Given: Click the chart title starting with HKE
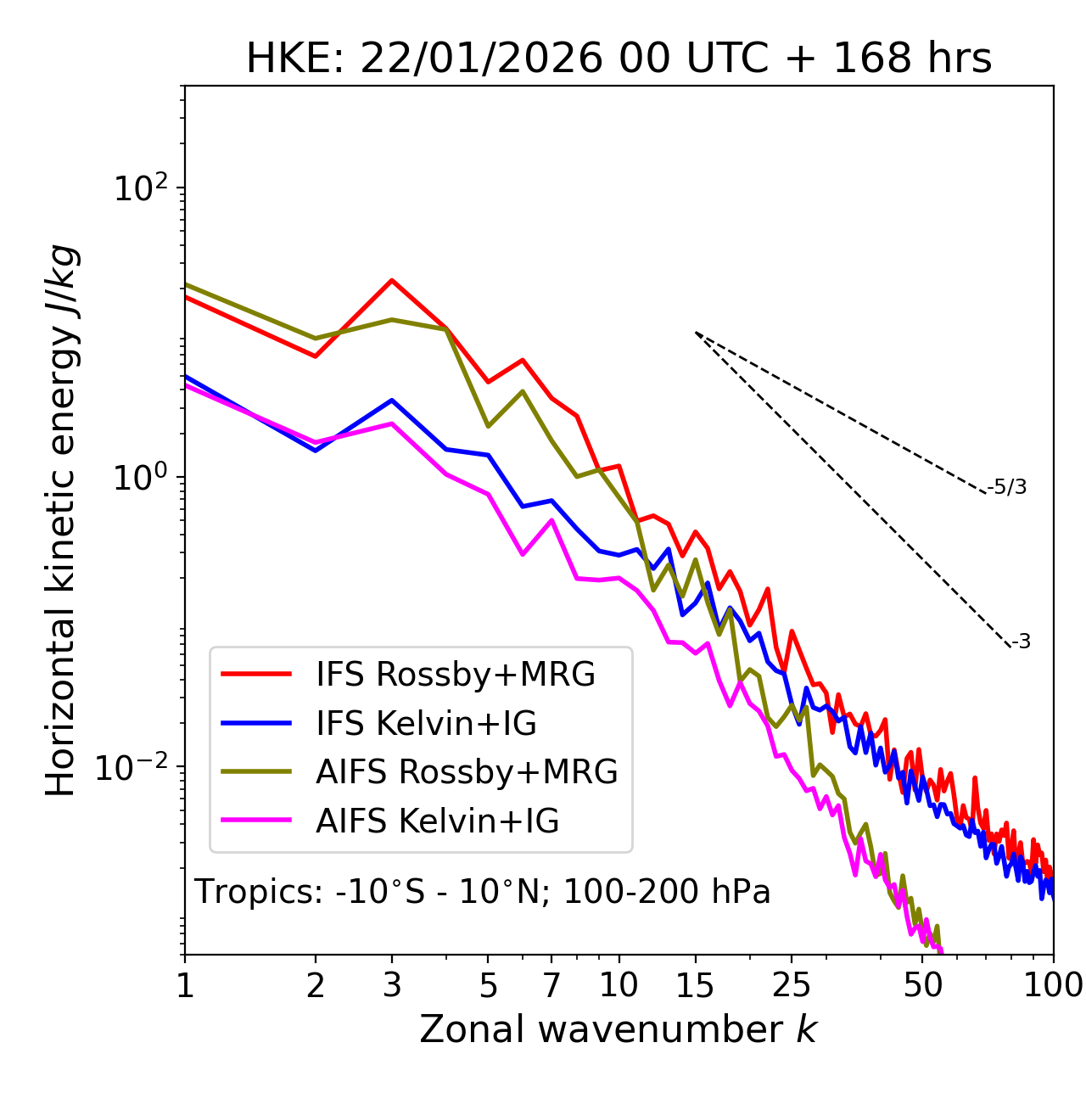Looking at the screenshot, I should tap(619, 59).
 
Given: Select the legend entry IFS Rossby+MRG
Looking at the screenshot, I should tap(455, 674).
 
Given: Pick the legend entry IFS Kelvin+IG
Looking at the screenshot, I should tap(426, 723).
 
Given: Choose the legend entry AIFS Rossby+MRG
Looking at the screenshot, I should tap(467, 772).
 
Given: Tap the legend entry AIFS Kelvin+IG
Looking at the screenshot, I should tap(437, 821).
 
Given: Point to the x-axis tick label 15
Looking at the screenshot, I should tap(695, 985).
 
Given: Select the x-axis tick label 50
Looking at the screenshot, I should tap(923, 985).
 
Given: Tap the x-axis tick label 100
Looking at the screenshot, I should tap(1053, 985).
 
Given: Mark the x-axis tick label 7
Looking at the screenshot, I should tap(551, 985).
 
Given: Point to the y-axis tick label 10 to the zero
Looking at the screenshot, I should tap(141, 477).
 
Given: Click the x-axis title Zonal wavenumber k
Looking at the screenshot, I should tap(619, 1029).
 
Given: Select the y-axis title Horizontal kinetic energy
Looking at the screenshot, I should tap(61, 521).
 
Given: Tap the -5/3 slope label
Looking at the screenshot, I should tap(1007, 487).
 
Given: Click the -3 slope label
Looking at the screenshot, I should tap(1021, 642).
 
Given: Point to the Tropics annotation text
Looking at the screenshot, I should tap(483, 892).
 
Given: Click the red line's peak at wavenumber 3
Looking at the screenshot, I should tap(392, 280).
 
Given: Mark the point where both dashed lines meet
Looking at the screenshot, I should tap(696, 333).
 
